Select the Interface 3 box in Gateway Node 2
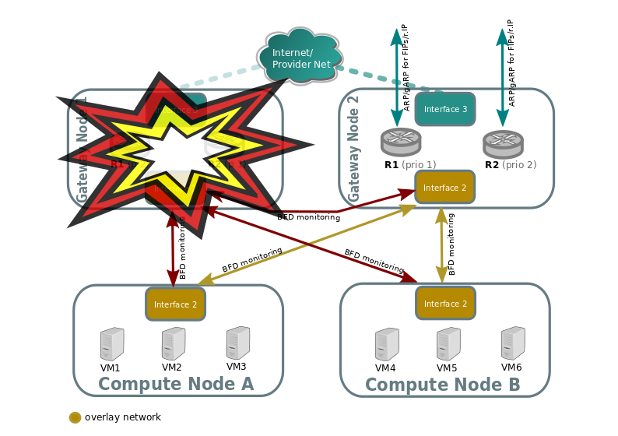pyautogui.click(x=444, y=109)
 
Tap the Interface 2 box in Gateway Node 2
pyautogui.click(x=444, y=188)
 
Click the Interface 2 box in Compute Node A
pyautogui.click(x=175, y=304)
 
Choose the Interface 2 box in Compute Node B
pyautogui.click(x=445, y=303)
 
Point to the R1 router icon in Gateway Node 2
pyautogui.click(x=401, y=141)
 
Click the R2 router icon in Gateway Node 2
pyautogui.click(x=502, y=142)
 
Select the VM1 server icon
pyautogui.click(x=112, y=343)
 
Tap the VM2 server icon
pyautogui.click(x=173, y=343)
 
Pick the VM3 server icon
pyautogui.click(x=237, y=342)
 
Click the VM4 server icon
pyautogui.click(x=387, y=343)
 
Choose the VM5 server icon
pyautogui.click(x=448, y=343)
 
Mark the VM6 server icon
pyautogui.click(x=512, y=342)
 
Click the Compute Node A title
pyautogui.click(x=176, y=384)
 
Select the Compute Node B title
pyautogui.click(x=442, y=385)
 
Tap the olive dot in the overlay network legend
pyautogui.click(x=75, y=417)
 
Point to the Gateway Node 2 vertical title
pyautogui.click(x=353, y=148)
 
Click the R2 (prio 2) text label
pyautogui.click(x=510, y=165)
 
